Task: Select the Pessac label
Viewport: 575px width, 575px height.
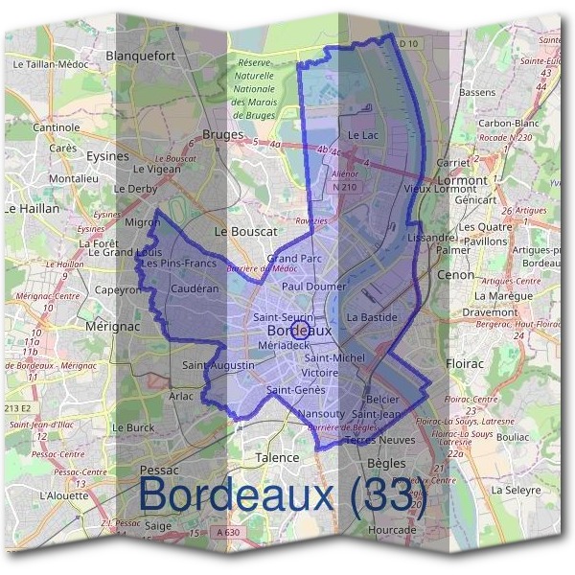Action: [x=158, y=470]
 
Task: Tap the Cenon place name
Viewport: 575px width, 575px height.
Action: [x=455, y=274]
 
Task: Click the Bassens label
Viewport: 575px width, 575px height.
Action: [x=477, y=92]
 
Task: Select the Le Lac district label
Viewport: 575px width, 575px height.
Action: [x=363, y=135]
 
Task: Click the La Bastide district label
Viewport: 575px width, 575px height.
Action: [x=372, y=316]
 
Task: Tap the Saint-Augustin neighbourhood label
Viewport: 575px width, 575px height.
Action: [x=218, y=365]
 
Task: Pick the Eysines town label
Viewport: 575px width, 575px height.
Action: [x=107, y=155]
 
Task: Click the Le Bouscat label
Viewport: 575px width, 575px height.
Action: [x=245, y=231]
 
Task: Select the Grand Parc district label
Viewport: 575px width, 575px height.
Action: [x=294, y=259]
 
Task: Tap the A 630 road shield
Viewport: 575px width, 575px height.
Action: [x=227, y=532]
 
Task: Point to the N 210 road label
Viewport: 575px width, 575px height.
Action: [x=344, y=188]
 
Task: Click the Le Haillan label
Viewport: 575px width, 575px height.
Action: [x=33, y=207]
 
